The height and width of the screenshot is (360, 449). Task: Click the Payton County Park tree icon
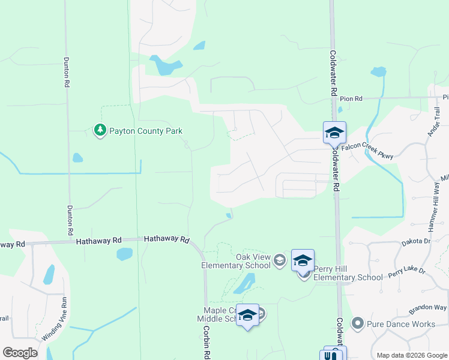click(x=100, y=130)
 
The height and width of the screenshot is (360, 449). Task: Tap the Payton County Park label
click(x=145, y=131)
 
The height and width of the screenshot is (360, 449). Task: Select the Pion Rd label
click(x=351, y=98)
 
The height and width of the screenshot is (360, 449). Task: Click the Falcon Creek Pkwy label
click(x=367, y=151)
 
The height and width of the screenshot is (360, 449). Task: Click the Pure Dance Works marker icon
click(x=358, y=324)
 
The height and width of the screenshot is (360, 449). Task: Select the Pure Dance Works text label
click(x=400, y=324)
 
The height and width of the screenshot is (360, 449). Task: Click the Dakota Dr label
click(x=415, y=242)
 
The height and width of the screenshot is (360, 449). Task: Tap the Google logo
click(x=20, y=353)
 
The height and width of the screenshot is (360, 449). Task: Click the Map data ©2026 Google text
click(x=411, y=355)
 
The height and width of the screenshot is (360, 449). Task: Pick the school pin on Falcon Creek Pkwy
click(x=334, y=132)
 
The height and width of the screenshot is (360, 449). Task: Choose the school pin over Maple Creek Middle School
click(x=247, y=314)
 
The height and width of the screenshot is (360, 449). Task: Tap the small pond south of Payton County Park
click(x=77, y=158)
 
